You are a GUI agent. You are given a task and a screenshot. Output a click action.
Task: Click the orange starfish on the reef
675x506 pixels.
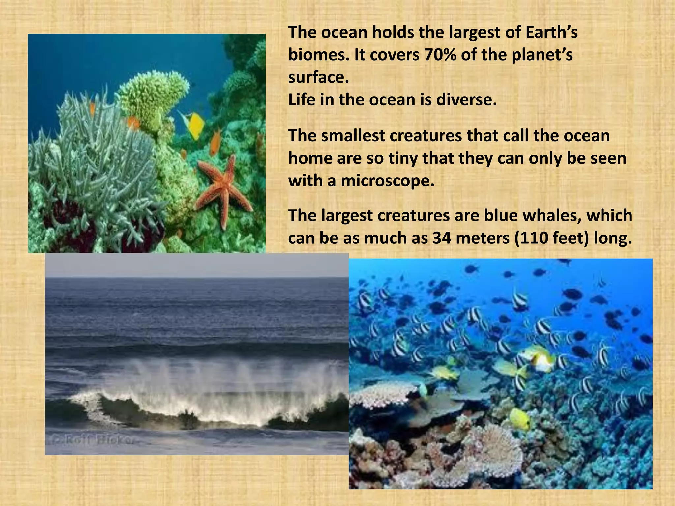(224, 188)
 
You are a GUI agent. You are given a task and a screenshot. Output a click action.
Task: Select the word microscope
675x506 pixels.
(387, 181)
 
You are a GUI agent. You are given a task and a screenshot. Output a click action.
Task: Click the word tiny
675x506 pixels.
(403, 158)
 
